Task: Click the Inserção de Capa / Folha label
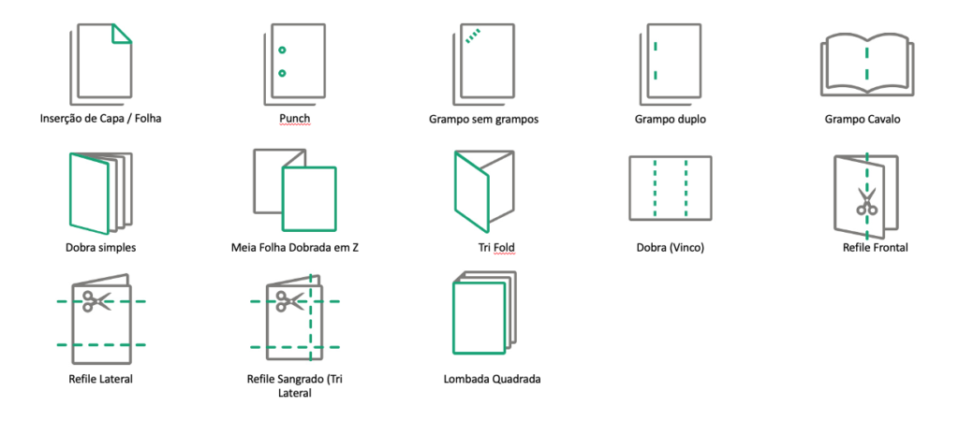pyautogui.click(x=101, y=119)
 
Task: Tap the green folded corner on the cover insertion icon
pyautogui.click(x=122, y=33)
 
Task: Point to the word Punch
pyautogui.click(x=294, y=119)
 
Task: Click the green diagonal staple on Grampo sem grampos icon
pyautogui.click(x=473, y=36)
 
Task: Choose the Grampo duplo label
pyautogui.click(x=670, y=119)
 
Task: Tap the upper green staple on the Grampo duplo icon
pyautogui.click(x=656, y=45)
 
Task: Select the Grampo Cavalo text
pyautogui.click(x=866, y=119)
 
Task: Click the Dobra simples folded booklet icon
pyautogui.click(x=96, y=192)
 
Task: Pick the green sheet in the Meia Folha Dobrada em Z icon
pyautogui.click(x=309, y=198)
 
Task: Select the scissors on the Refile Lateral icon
pyautogui.click(x=96, y=301)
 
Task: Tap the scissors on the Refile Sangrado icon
pyautogui.click(x=288, y=301)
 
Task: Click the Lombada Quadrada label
pyautogui.click(x=493, y=380)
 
